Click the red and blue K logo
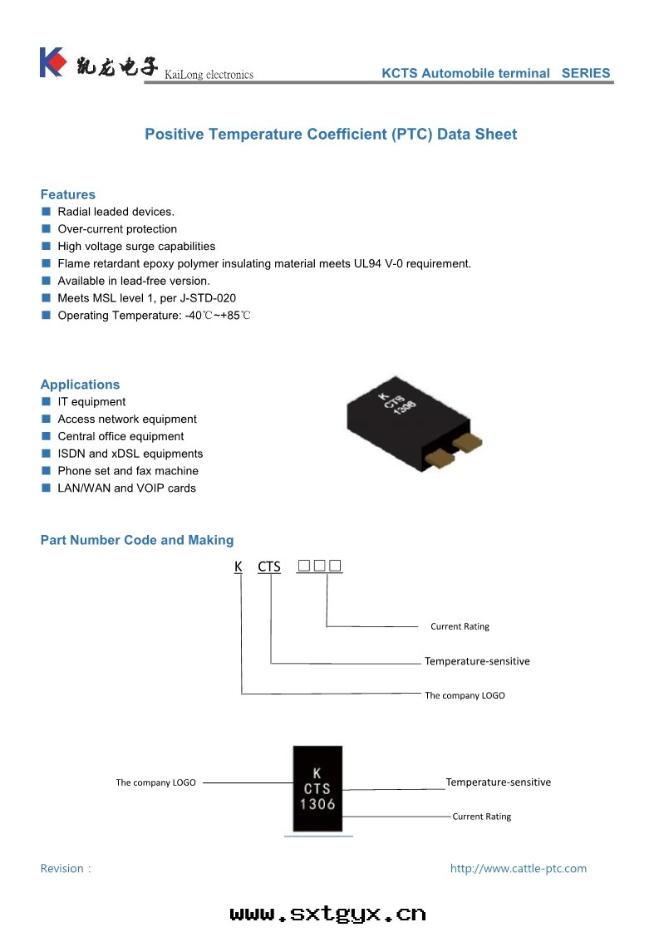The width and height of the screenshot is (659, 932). [x=52, y=62]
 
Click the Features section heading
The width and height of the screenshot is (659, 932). [x=68, y=194]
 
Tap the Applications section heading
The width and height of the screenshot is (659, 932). [x=80, y=385]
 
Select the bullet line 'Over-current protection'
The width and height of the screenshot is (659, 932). [x=117, y=229]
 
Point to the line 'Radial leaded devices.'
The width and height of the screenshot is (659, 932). [x=116, y=212]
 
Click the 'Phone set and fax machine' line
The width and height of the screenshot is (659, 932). [x=128, y=471]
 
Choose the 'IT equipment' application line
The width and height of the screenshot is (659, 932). [x=91, y=402]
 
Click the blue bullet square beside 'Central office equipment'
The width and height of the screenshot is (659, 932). [x=47, y=436]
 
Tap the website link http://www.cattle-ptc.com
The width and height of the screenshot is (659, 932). [x=518, y=869]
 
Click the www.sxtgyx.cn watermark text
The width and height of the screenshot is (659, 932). [x=328, y=914]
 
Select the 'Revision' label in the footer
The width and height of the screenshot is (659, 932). [x=66, y=869]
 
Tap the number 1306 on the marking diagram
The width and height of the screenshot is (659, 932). [x=317, y=804]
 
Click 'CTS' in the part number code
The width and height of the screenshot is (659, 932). [x=269, y=567]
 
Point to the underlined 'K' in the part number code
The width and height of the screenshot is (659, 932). [x=239, y=567]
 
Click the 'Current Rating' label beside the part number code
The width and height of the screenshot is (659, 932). [x=460, y=626]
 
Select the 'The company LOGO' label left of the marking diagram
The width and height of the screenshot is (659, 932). [x=155, y=782]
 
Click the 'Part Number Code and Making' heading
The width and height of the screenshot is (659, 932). [x=137, y=540]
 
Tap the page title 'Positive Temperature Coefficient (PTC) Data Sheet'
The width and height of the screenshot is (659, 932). [x=331, y=135]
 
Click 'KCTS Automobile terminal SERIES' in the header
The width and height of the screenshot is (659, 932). [x=495, y=73]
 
